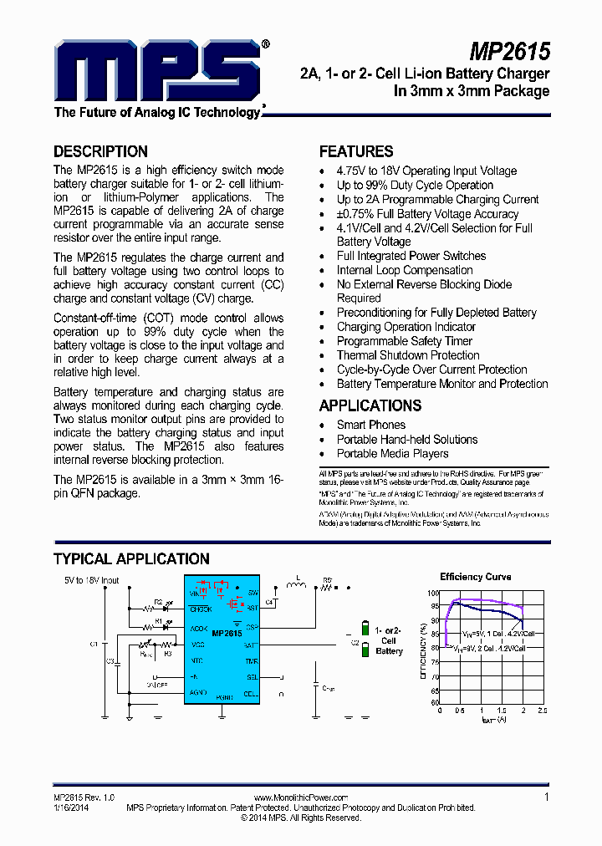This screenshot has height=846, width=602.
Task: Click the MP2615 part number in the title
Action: point(509,52)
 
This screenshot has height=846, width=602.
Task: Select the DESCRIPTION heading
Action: point(100,151)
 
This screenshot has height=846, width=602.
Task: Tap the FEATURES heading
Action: point(356,151)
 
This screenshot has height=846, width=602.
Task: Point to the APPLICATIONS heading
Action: point(370,405)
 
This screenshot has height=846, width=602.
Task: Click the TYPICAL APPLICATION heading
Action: point(131,559)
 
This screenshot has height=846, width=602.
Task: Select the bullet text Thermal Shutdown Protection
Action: point(408,355)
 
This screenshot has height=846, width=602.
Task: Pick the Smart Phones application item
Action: point(371,425)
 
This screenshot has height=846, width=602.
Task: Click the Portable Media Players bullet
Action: point(392,453)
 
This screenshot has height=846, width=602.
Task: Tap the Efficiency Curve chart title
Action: point(475,577)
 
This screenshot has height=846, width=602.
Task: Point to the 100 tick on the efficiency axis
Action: point(433,593)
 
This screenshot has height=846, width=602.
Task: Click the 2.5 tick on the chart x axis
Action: point(542,711)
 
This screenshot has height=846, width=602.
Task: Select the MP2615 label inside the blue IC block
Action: point(227,634)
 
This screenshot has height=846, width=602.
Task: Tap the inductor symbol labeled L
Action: point(295,585)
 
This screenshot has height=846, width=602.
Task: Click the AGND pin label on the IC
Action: point(198,692)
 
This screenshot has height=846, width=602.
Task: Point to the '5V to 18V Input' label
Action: point(92,579)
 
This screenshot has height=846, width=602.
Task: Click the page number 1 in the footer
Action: point(547,797)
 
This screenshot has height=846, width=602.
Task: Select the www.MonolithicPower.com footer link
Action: point(300,798)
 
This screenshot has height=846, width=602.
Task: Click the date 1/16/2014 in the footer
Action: point(70,808)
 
